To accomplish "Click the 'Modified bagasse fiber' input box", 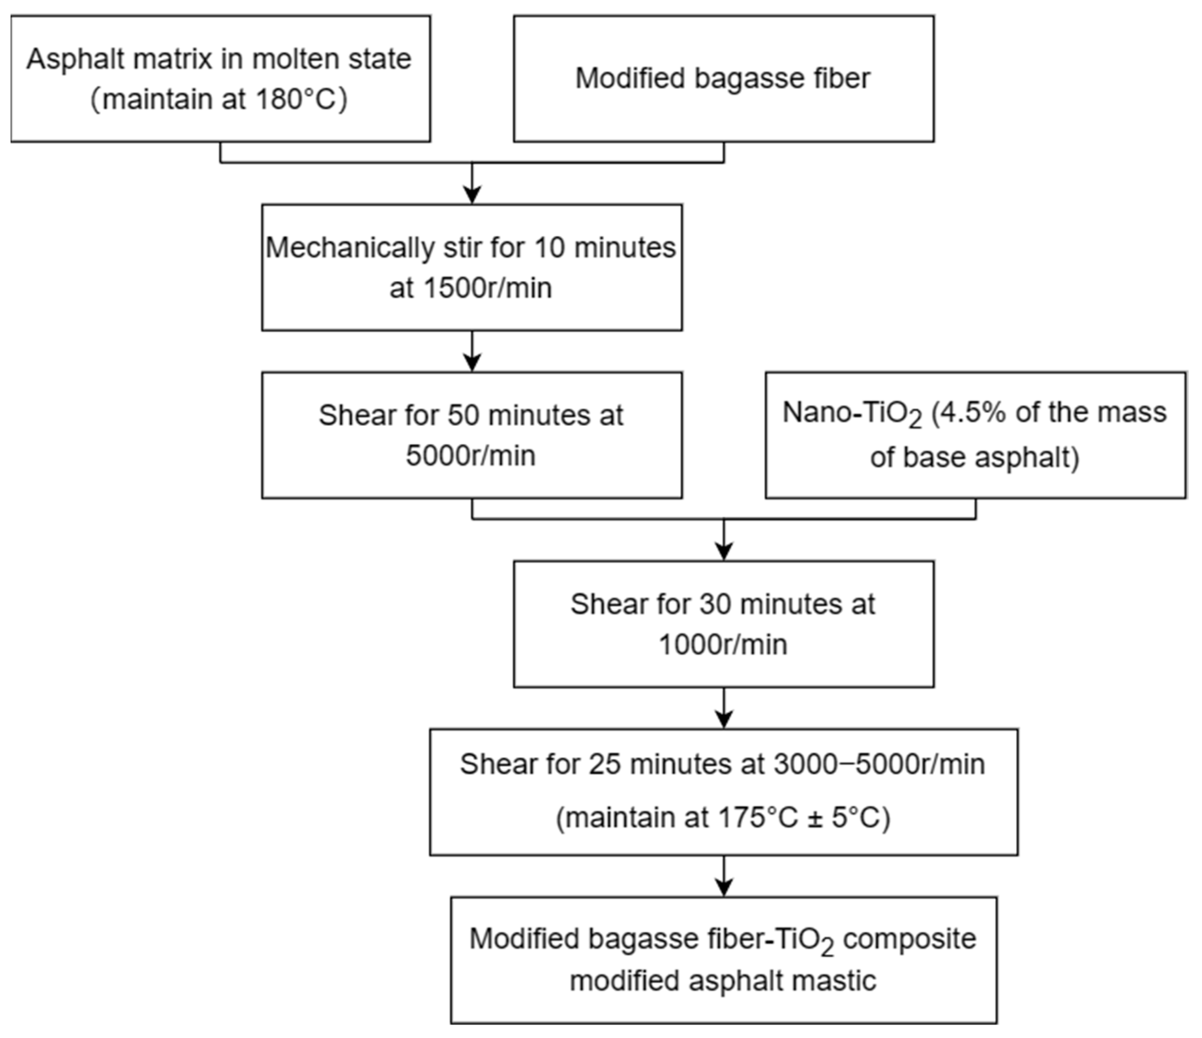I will click(x=724, y=79).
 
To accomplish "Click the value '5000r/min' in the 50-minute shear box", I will click(x=471, y=455).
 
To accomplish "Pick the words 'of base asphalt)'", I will click(x=975, y=458).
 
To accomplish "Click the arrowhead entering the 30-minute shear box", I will click(x=724, y=551).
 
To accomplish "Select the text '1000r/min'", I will click(x=724, y=645).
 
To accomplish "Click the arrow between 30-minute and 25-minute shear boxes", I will click(x=724, y=708).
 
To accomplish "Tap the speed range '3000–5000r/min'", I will click(x=879, y=765).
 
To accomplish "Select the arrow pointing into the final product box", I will click(x=724, y=877).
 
